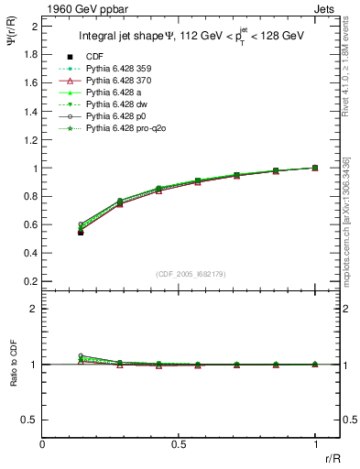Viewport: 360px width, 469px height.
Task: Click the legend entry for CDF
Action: [93, 58]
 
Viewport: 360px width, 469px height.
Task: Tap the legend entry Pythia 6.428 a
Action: [109, 93]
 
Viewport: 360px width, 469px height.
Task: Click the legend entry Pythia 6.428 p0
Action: [111, 117]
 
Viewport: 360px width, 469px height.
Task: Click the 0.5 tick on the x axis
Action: [179, 444]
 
